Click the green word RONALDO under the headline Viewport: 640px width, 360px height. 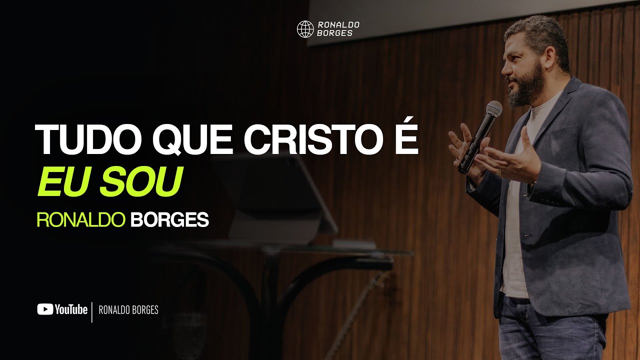coord(80,220)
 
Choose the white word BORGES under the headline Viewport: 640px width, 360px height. coord(169,220)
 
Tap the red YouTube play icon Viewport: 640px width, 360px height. coord(45,309)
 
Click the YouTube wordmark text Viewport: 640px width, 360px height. coord(71,310)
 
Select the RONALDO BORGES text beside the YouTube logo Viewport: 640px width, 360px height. coord(128,310)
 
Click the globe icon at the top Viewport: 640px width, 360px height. coord(305,29)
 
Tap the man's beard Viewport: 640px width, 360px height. coord(528,90)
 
